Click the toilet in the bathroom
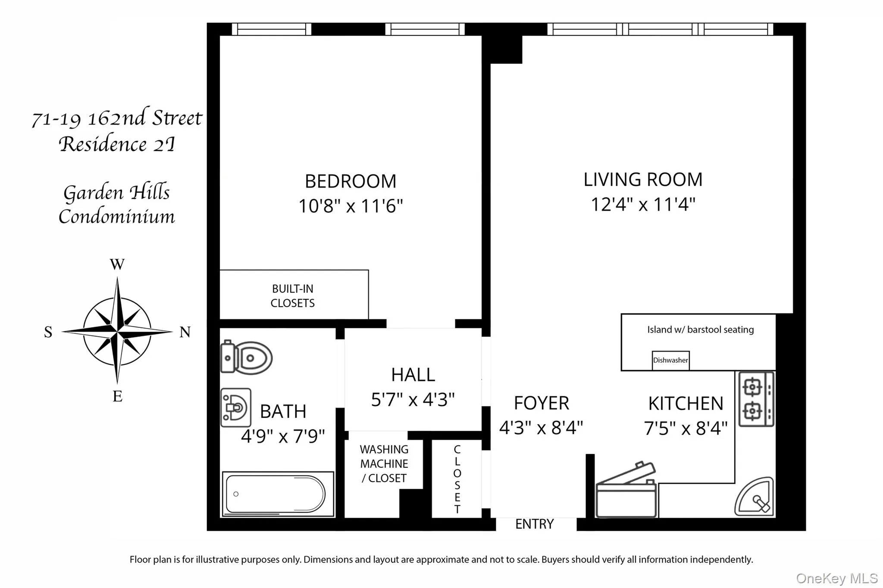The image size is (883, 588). pyautogui.click(x=246, y=357)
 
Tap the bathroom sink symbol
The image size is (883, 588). pyautogui.click(x=235, y=408)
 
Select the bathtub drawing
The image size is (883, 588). pyautogui.click(x=278, y=494)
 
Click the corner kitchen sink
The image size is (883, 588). pyautogui.click(x=755, y=497)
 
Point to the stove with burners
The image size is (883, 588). pyautogui.click(x=756, y=399)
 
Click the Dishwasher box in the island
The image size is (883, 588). pyautogui.click(x=670, y=360)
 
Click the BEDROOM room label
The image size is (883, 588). pyautogui.click(x=351, y=181)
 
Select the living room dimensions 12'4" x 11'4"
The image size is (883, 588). pyautogui.click(x=643, y=204)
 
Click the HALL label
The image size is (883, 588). pyautogui.click(x=413, y=375)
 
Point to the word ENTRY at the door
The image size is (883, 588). pyautogui.click(x=535, y=524)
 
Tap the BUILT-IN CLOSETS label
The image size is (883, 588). pyautogui.click(x=292, y=296)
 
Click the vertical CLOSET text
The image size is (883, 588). pyautogui.click(x=457, y=479)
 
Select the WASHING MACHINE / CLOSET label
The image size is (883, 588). pyautogui.click(x=384, y=464)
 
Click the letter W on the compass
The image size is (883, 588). pyautogui.click(x=117, y=264)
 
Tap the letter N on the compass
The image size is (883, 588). pyautogui.click(x=185, y=332)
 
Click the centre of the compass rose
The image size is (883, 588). pyautogui.click(x=117, y=332)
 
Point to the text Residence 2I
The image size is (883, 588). pyautogui.click(x=117, y=144)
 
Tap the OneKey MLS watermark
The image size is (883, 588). pyautogui.click(x=836, y=578)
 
